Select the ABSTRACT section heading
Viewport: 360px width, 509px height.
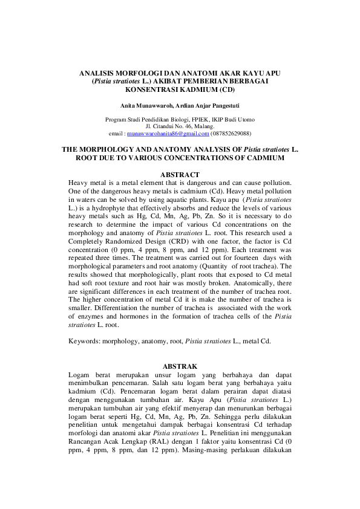[x=180, y=175]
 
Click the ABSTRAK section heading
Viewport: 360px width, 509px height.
[x=180, y=366]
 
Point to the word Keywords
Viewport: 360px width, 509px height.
[x=85, y=340]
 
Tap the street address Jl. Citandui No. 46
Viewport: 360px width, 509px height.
[x=166, y=126]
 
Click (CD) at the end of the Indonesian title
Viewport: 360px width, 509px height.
[x=226, y=88]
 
